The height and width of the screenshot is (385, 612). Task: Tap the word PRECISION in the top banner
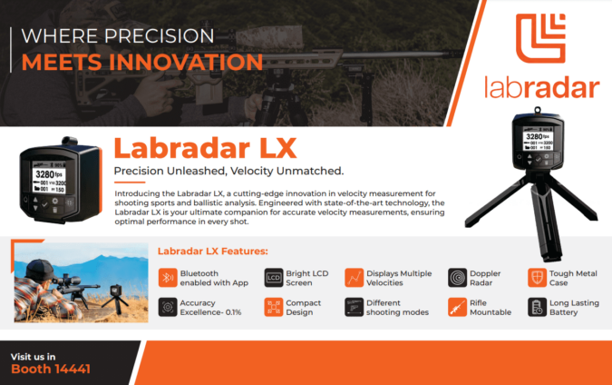click(170, 37)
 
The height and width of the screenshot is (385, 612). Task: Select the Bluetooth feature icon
click(167, 277)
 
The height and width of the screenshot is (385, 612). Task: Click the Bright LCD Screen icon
click(274, 277)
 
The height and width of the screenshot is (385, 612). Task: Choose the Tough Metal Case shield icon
click(537, 277)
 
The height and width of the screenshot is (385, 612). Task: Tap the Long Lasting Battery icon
click(537, 307)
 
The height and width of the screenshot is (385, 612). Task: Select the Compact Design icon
click(274, 307)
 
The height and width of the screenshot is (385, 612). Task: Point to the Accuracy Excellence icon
click(167, 307)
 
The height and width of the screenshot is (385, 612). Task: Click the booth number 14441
click(63, 370)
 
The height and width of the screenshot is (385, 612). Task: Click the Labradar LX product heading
click(192, 147)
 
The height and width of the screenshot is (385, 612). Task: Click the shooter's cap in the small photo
click(38, 266)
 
